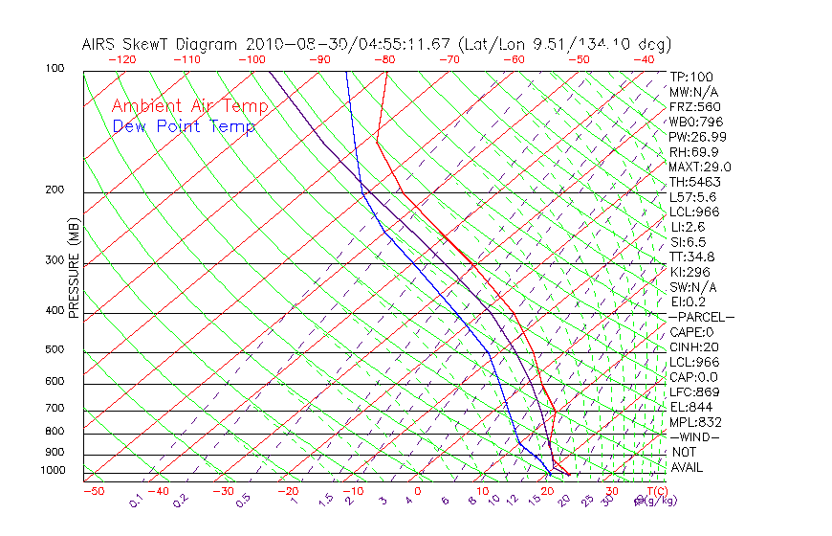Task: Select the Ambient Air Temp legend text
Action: point(189,106)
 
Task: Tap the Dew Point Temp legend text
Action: point(184,127)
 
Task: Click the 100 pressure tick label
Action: point(54,69)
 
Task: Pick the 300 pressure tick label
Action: point(54,260)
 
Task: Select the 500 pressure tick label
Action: point(54,350)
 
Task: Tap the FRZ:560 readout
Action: point(694,107)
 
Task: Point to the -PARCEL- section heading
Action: point(702,317)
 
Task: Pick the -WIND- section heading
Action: point(694,437)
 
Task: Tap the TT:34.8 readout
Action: point(692,257)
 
